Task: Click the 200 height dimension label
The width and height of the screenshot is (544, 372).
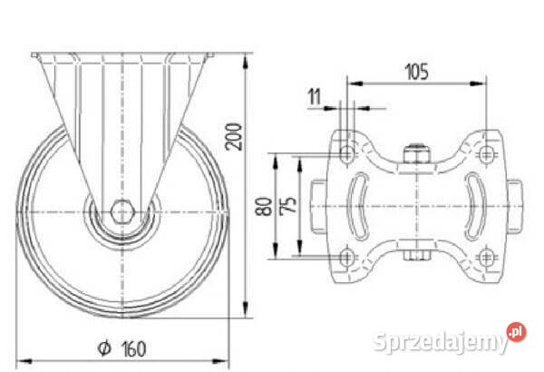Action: point(233,136)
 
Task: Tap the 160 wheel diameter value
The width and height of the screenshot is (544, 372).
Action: point(134,349)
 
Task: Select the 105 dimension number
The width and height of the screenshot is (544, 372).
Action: point(417,72)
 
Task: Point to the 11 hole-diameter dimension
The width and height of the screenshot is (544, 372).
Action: point(315,96)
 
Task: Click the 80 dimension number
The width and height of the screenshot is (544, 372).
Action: point(264,206)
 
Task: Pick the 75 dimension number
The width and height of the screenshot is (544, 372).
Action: point(288,205)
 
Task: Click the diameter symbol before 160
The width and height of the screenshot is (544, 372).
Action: point(104,348)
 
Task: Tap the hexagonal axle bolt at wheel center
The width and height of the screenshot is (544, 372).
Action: point(122,211)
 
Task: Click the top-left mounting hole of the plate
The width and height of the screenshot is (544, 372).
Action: point(346,153)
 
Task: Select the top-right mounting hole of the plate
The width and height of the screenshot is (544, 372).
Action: point(486,153)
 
